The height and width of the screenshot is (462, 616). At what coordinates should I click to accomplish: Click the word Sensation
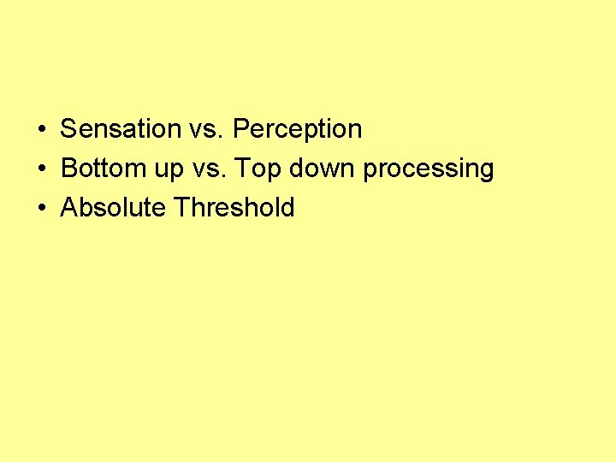(x=120, y=129)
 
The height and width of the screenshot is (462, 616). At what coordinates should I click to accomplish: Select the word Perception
(x=297, y=129)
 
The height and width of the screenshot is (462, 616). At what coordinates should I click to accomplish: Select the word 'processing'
(x=429, y=170)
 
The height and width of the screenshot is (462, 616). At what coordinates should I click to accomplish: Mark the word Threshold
(x=234, y=208)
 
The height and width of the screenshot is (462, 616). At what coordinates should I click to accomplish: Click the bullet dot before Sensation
(x=41, y=130)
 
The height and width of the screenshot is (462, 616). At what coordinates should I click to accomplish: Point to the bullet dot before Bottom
(x=41, y=169)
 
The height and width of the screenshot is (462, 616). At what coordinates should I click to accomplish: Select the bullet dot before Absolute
(x=41, y=209)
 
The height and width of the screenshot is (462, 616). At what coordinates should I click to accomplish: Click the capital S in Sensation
(x=68, y=129)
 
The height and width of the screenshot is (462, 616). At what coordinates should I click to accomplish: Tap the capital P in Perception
(x=240, y=129)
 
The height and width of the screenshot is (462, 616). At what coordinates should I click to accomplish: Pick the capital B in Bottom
(x=68, y=169)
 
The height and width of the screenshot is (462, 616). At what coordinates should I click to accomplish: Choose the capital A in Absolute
(x=68, y=208)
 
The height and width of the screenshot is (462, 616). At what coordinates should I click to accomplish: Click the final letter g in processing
(x=487, y=171)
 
